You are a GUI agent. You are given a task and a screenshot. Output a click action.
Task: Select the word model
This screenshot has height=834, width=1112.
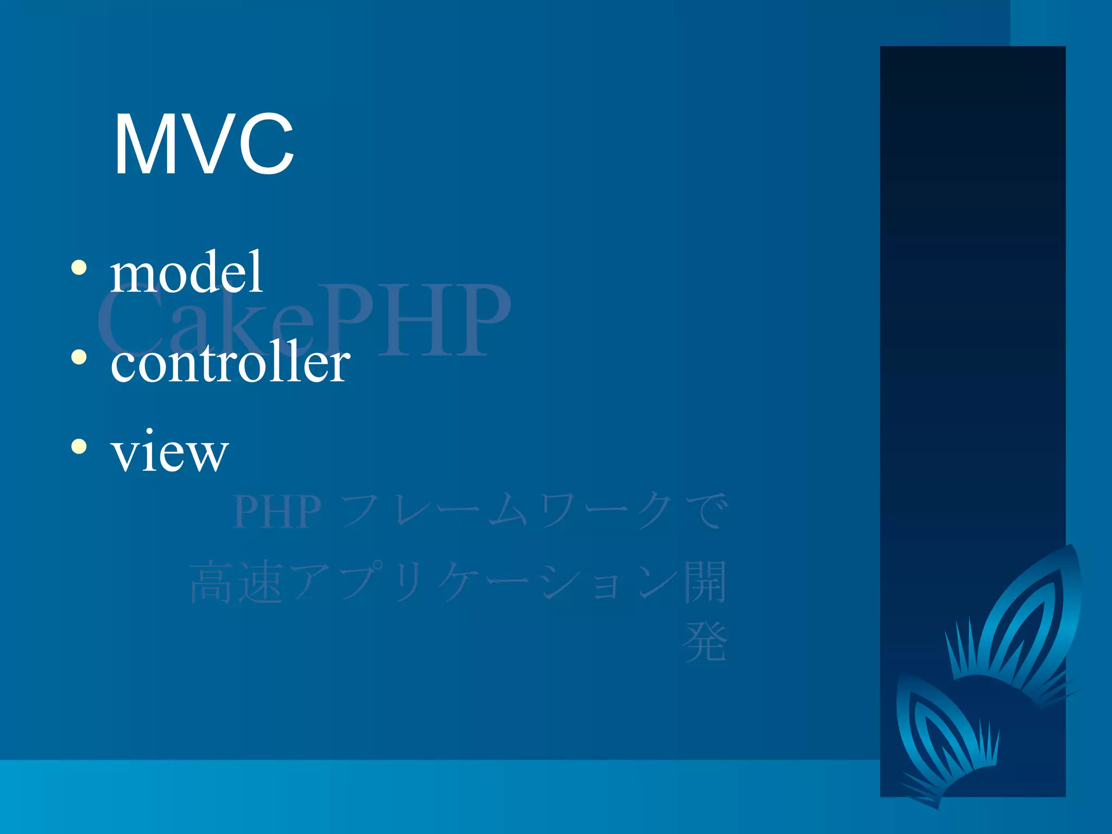click(186, 273)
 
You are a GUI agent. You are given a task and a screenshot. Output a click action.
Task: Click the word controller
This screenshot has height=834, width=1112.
click(230, 363)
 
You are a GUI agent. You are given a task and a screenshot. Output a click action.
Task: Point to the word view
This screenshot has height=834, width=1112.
click(169, 452)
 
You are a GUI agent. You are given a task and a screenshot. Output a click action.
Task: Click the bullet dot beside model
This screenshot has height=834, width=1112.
click(79, 267)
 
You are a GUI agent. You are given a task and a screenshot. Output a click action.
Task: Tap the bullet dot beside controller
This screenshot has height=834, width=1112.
click(79, 357)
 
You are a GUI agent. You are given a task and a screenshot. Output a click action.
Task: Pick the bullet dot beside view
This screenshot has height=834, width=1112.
click(79, 446)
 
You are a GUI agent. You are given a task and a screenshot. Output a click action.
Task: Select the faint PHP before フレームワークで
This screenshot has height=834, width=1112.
click(277, 512)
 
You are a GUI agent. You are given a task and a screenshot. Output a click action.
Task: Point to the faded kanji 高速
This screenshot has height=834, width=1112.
click(236, 583)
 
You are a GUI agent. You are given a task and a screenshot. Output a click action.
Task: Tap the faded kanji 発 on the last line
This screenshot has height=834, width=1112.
click(705, 642)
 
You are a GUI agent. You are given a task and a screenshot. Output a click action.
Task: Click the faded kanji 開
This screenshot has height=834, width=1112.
click(705, 582)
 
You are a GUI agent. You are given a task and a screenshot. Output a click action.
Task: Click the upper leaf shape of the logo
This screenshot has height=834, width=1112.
click(1026, 619)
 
